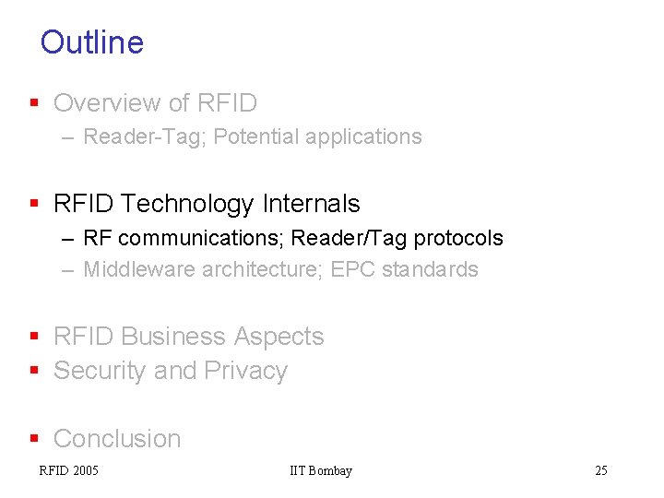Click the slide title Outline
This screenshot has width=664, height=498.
tap(92, 42)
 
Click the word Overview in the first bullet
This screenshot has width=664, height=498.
tap(108, 103)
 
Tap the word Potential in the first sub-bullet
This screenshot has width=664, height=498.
tap(256, 137)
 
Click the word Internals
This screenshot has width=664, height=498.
tap(310, 204)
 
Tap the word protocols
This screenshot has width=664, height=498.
tap(458, 238)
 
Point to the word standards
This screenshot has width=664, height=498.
tap(430, 269)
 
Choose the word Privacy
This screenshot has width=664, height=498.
tap(246, 371)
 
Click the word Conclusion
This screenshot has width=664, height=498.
tap(117, 439)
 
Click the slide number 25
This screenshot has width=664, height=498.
tap(601, 471)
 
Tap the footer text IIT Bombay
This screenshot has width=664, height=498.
tap(321, 471)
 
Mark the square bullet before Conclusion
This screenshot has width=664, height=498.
tap(35, 439)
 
